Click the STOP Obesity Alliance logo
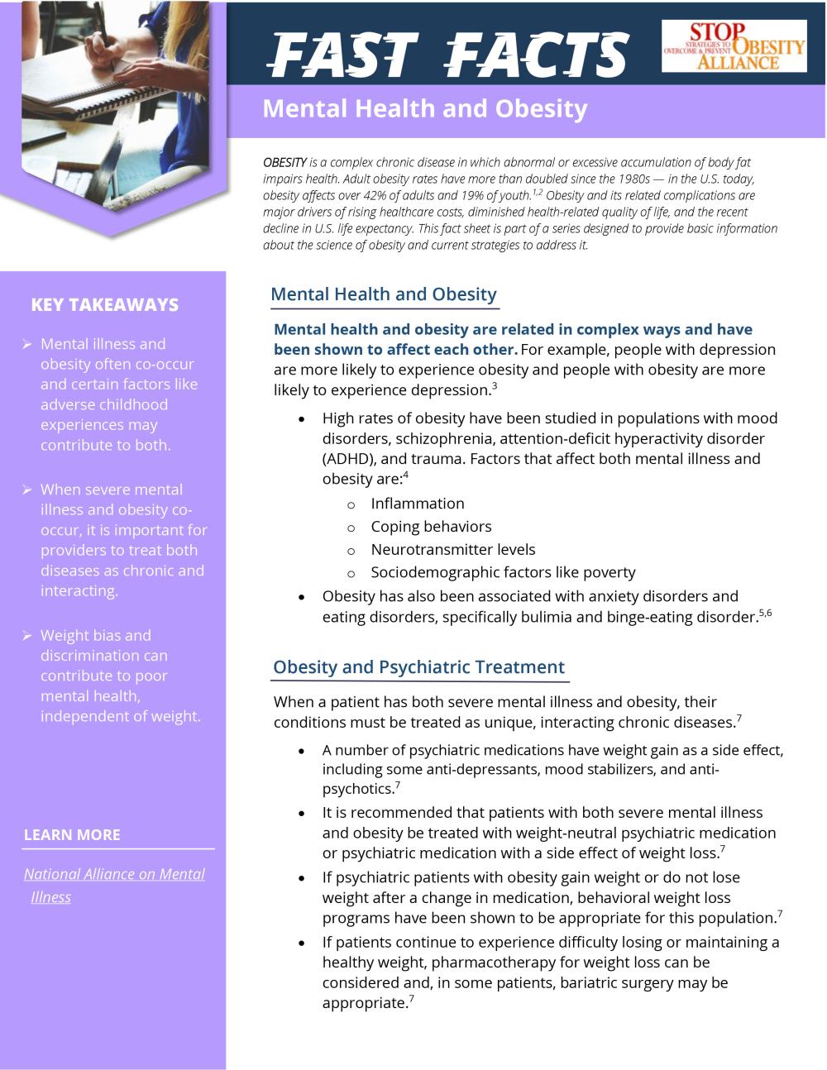[734, 47]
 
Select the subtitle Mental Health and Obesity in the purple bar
[424, 109]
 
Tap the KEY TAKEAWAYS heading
[104, 305]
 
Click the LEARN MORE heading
[72, 835]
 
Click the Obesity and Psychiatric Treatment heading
[418, 667]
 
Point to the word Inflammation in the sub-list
[417, 504]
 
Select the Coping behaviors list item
[431, 527]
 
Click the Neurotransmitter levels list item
[452, 550]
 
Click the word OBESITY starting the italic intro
[284, 163]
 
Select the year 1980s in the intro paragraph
[633, 179]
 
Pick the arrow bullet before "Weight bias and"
[26, 636]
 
